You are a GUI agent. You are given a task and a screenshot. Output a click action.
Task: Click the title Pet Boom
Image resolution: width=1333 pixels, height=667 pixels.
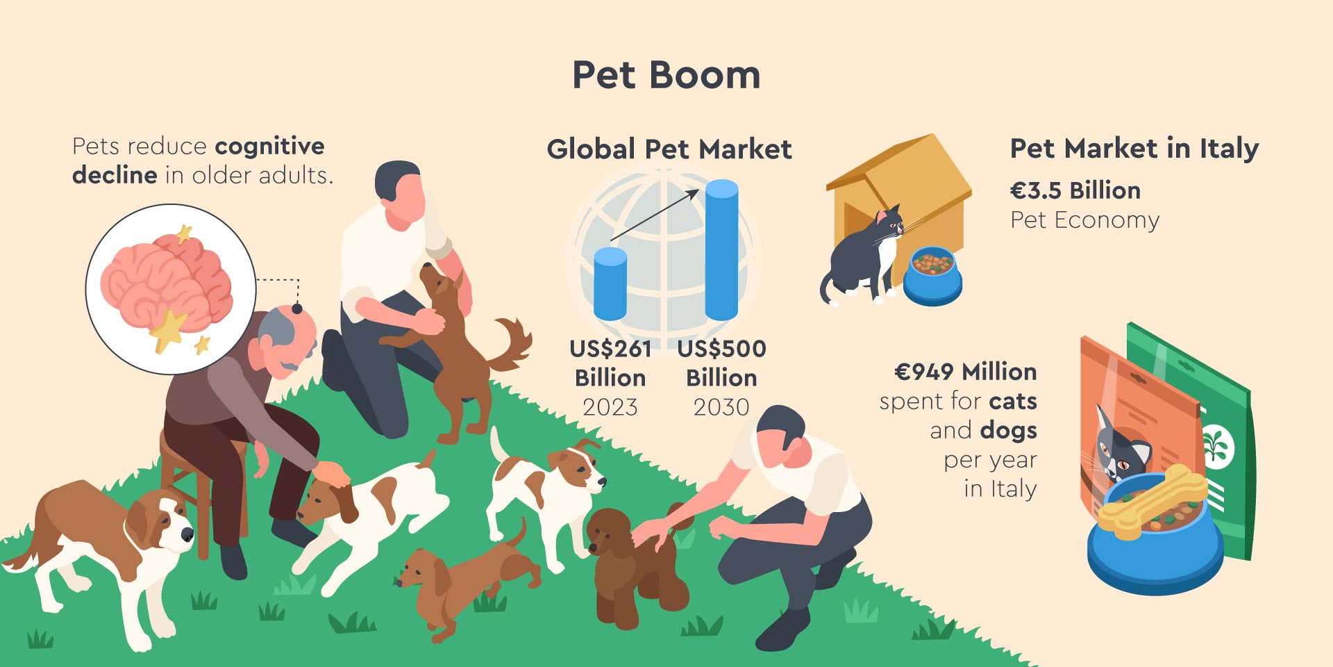pyautogui.click(x=666, y=75)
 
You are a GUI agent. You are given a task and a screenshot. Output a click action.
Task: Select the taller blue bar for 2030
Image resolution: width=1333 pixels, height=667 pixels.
pyautogui.click(x=721, y=250)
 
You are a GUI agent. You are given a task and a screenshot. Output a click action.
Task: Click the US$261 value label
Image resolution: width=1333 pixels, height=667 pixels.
pyautogui.click(x=610, y=349)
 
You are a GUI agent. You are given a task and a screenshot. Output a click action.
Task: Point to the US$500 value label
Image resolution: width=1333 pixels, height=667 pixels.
pyautogui.click(x=722, y=349)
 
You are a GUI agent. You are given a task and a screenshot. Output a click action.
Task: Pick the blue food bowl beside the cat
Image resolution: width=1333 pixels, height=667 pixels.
pyautogui.click(x=932, y=277)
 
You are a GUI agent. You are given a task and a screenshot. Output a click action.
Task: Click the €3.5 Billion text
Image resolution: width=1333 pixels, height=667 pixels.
pyautogui.click(x=1075, y=190)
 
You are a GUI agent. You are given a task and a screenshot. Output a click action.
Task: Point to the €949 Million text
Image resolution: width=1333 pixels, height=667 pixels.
pyautogui.click(x=966, y=372)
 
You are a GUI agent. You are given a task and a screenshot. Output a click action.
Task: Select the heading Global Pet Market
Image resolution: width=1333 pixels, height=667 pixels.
pyautogui.click(x=669, y=149)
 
